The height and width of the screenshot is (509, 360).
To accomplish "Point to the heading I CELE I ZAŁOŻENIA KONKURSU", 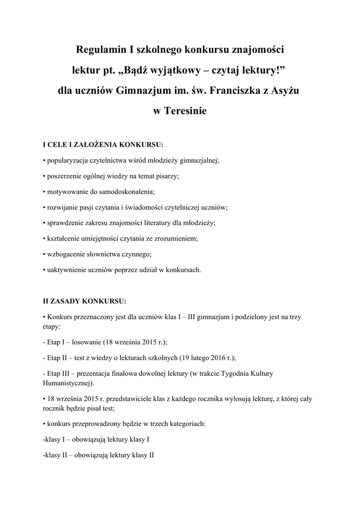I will [103, 145].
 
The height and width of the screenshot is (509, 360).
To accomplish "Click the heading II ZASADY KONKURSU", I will [85, 301].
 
